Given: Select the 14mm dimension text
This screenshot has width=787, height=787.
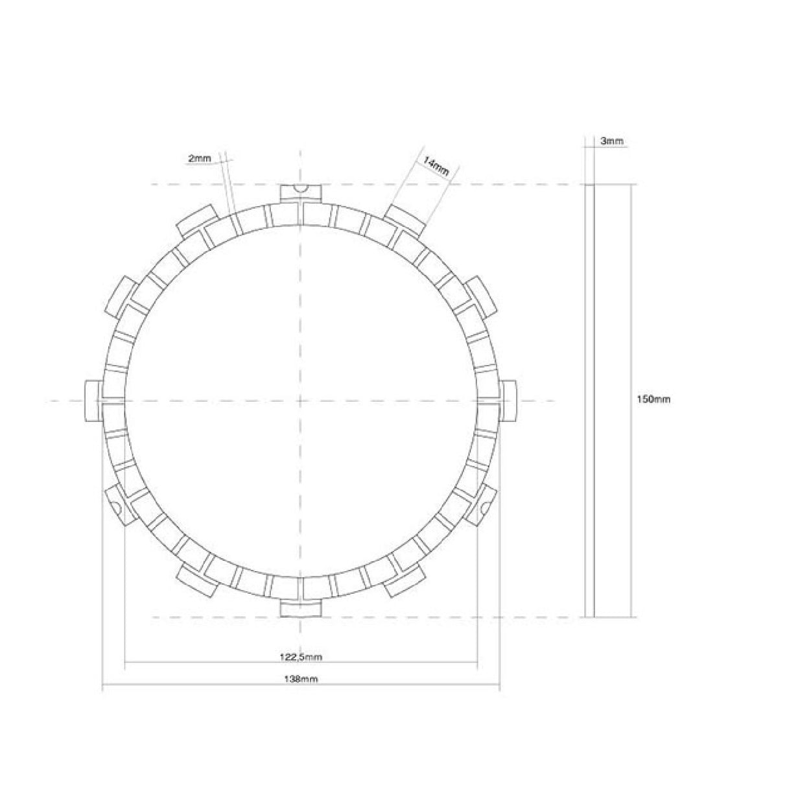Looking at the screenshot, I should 436,167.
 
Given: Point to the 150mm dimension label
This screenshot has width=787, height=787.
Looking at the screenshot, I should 653,399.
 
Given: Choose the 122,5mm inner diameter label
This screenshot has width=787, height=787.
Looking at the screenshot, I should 301,657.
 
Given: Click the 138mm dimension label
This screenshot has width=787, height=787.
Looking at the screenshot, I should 301,679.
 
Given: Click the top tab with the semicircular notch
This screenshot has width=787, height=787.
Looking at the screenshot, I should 301,193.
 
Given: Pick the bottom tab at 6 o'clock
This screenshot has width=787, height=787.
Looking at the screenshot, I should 301,609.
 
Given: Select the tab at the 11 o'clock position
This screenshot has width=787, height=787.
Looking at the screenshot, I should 196,220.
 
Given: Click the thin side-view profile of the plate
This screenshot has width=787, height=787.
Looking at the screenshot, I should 589,399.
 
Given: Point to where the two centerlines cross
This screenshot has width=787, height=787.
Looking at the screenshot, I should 301,401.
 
